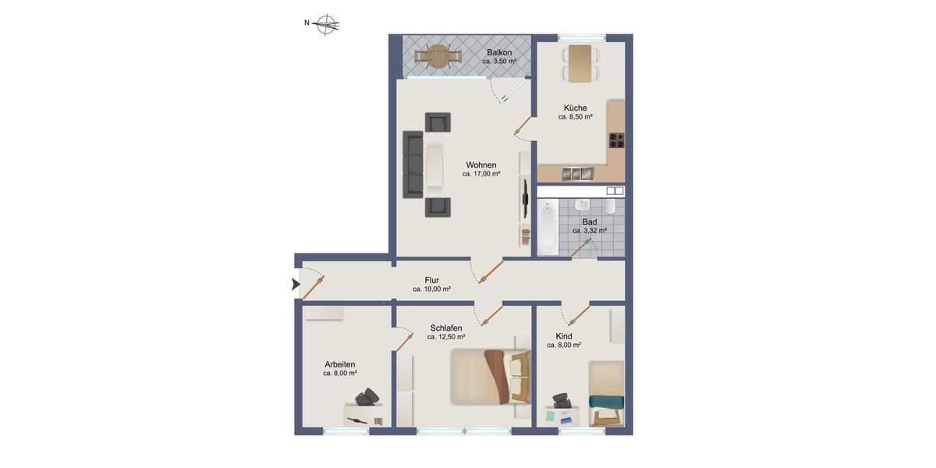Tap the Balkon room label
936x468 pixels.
pyautogui.click(x=499, y=52)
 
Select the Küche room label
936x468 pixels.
pyautogui.click(x=575, y=108)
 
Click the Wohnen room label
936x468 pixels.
pyautogui.click(x=481, y=165)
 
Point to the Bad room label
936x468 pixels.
pyautogui.click(x=589, y=222)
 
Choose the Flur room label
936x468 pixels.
pyautogui.click(x=431, y=280)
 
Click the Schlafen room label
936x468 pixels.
pyautogui.click(x=446, y=328)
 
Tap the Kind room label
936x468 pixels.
pyautogui.click(x=564, y=336)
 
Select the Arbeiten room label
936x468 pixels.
pyautogui.click(x=340, y=364)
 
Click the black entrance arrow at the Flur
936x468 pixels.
pyautogui.click(x=295, y=285)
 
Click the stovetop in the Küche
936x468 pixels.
pyautogui.click(x=617, y=140)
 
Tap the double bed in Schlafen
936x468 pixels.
pyautogui.click(x=490, y=376)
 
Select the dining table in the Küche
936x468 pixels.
pyautogui.click(x=580, y=62)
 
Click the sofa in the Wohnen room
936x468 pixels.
pyautogui.click(x=412, y=165)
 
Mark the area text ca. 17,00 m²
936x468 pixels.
pyautogui.click(x=481, y=175)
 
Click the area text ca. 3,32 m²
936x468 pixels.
pyautogui.click(x=589, y=231)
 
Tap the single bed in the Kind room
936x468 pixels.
pyautogui.click(x=606, y=392)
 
